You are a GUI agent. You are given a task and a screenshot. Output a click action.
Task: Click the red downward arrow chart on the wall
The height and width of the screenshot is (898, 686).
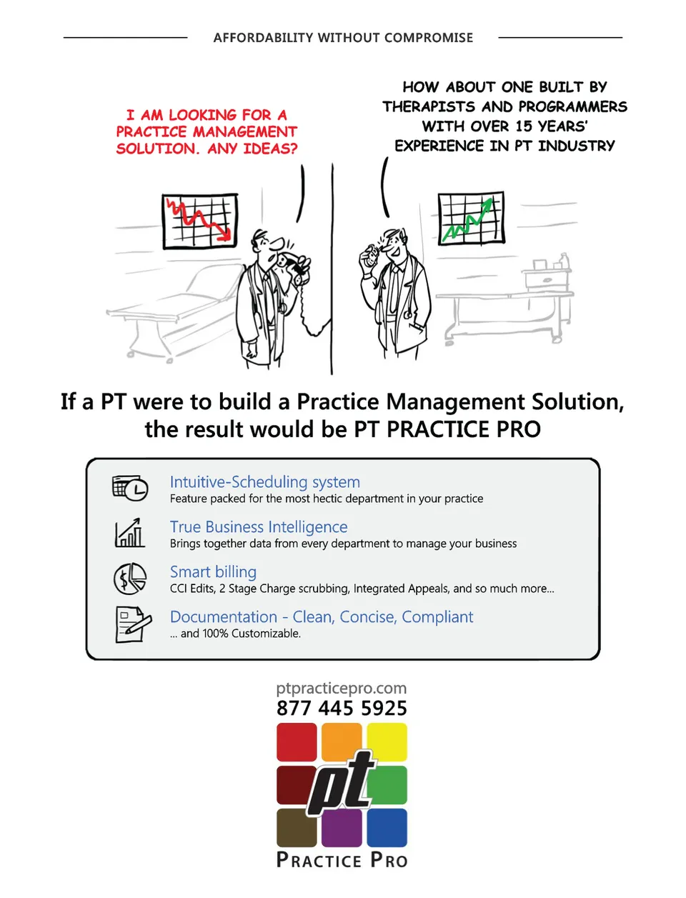point(199,221)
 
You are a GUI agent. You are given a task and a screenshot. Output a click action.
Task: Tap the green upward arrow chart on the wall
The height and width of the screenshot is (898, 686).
point(471,219)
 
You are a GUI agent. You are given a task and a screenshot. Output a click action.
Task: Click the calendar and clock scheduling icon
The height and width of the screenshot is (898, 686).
point(130,488)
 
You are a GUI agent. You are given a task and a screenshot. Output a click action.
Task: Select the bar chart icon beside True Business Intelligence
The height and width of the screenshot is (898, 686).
point(129,533)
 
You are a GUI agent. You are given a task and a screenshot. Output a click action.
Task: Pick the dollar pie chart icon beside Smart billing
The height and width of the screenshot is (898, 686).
point(130,579)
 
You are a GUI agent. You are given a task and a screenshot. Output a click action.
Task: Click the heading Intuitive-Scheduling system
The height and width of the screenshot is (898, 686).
point(264,482)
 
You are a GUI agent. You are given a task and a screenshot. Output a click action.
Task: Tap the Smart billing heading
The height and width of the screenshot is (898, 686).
point(213,572)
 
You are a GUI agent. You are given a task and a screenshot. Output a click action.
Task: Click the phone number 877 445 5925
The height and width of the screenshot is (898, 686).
point(342,708)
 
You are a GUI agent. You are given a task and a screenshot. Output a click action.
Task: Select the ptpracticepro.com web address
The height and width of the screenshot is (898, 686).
point(342,689)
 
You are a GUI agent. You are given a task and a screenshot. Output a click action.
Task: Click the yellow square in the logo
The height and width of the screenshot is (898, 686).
point(387,742)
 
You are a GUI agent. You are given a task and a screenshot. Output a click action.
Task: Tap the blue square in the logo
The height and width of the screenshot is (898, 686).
point(387,828)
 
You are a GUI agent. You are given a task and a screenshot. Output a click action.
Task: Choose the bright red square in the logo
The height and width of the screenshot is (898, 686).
point(297,742)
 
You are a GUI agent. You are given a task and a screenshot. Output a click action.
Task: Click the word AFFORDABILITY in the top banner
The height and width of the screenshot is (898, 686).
point(264,38)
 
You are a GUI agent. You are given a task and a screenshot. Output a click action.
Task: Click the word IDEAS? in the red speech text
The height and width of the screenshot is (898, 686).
point(270,149)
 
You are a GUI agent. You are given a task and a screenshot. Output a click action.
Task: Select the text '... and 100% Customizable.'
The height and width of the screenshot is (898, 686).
point(235,633)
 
